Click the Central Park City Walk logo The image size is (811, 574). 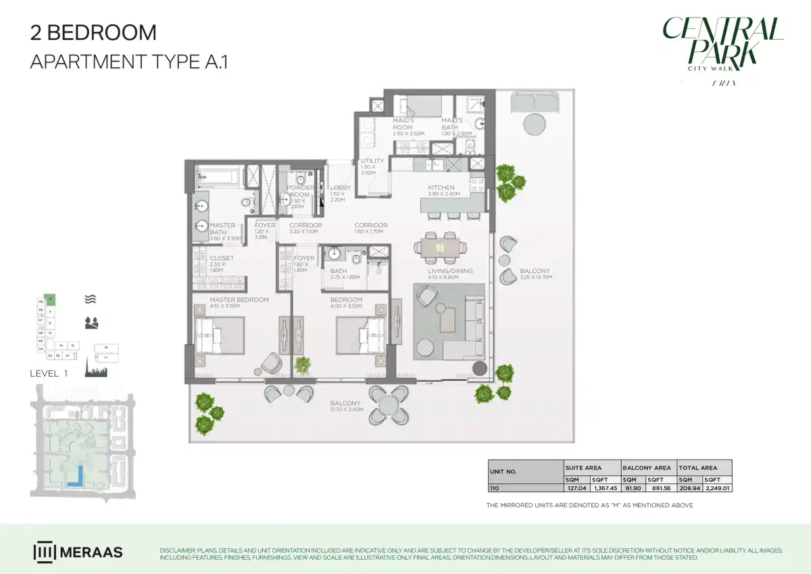722,44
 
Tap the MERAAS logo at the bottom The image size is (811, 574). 78,552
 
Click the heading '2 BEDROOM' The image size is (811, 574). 93,32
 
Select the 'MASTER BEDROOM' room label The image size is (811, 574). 239,300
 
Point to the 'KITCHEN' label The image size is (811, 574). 441,187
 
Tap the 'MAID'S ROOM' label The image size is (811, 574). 403,123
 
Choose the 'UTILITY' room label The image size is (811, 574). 372,161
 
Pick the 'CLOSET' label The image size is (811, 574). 221,258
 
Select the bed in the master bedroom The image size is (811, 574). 219,335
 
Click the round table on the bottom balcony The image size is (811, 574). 389,404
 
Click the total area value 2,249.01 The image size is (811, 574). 718,487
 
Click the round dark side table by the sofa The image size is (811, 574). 479,368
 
